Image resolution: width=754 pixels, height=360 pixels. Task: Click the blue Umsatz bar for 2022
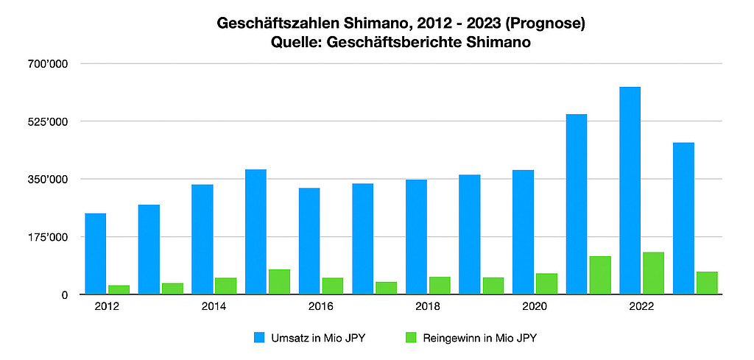(630, 191)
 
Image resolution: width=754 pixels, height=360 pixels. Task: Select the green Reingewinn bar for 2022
(653, 273)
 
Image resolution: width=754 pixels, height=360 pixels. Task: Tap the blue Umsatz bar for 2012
(95, 254)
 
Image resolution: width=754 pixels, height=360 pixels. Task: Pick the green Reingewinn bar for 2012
(119, 289)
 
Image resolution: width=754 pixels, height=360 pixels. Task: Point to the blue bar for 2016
(309, 241)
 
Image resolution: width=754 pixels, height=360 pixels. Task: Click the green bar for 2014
(225, 286)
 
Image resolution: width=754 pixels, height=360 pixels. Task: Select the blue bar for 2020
(523, 232)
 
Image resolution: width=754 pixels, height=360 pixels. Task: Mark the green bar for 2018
(440, 286)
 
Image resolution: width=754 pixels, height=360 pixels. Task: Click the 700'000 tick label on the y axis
(47, 64)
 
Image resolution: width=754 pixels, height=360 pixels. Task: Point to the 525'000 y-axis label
(47, 121)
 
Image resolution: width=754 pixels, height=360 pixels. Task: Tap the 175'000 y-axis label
(47, 237)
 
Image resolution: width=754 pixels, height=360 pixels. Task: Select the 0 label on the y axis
(65, 294)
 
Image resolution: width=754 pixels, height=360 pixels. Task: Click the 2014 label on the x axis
(214, 306)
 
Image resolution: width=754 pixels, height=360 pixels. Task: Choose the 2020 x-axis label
(535, 306)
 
